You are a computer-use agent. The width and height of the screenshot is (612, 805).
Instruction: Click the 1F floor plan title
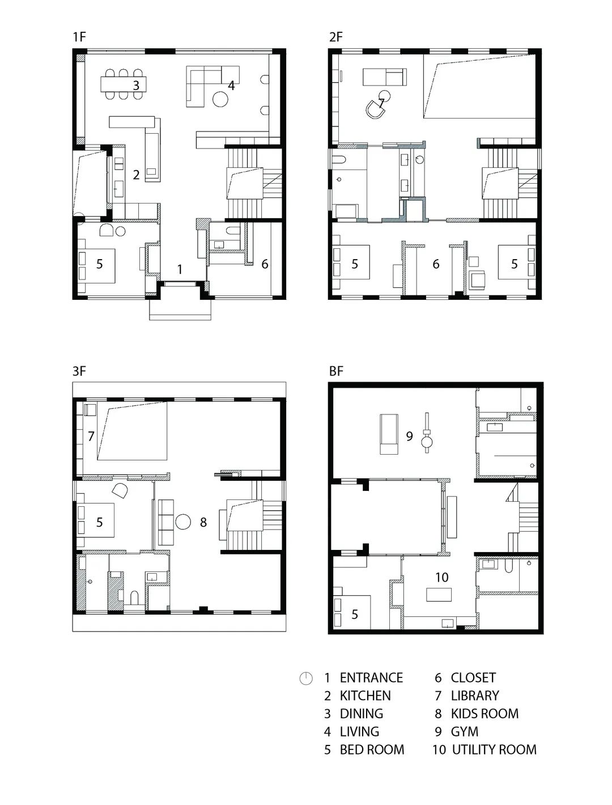[79, 37]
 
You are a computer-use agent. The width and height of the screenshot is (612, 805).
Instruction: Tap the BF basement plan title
[336, 372]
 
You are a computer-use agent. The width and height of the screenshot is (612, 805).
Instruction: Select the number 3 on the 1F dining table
[136, 86]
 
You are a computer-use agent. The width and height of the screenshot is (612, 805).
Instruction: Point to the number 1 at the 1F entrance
[180, 269]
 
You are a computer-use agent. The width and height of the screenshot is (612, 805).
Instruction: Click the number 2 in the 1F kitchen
[136, 175]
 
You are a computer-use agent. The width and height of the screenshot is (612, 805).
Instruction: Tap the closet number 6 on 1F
[265, 264]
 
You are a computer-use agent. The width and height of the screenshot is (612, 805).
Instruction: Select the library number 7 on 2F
[381, 103]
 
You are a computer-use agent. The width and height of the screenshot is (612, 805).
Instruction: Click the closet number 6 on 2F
[436, 264]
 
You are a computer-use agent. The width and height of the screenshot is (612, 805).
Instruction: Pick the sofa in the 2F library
[385, 76]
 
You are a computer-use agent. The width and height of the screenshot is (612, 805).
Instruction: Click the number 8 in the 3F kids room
[203, 523]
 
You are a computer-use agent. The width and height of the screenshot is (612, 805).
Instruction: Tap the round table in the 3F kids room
[183, 522]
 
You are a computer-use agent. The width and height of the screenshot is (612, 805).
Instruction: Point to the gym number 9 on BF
[409, 437]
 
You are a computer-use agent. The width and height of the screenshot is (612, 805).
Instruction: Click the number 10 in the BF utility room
[442, 577]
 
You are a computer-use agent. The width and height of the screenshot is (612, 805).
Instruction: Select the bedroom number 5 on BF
[355, 615]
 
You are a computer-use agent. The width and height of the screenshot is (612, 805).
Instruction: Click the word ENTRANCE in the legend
[371, 678]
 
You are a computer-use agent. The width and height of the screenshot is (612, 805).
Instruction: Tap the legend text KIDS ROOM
[484, 714]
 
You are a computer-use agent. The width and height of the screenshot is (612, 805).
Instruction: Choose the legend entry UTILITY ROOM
[494, 750]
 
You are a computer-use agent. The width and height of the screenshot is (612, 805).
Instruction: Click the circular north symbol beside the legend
[306, 678]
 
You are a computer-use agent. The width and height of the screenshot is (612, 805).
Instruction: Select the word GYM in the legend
[465, 732]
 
